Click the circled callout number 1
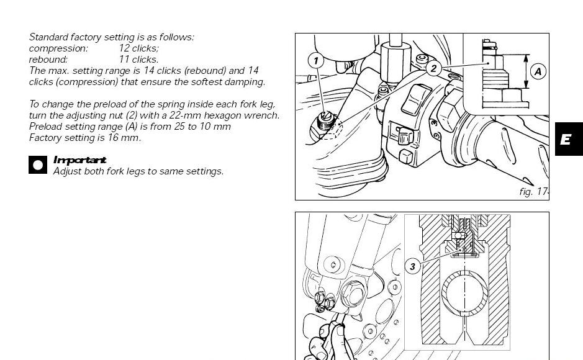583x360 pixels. point(316,61)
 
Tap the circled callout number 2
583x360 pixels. point(433,68)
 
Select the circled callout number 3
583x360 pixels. point(412,266)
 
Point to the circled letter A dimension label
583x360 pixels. point(538,71)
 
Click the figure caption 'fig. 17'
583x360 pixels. point(533,192)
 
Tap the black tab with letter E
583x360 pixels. point(569,139)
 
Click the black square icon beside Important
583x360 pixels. point(38,164)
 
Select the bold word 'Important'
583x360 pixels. point(80,160)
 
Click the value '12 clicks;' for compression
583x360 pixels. point(138,48)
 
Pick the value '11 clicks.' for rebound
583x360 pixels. point(138,60)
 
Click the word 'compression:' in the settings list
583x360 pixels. point(58,48)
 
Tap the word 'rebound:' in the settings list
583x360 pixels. point(48,60)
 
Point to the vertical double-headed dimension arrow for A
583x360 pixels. point(526,71)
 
